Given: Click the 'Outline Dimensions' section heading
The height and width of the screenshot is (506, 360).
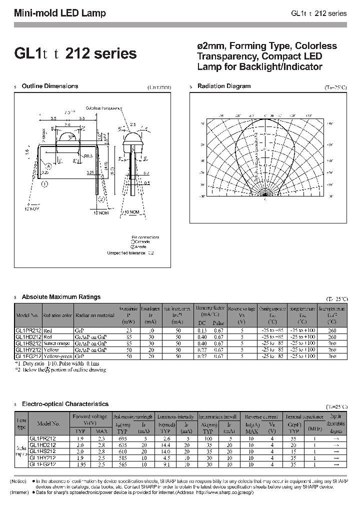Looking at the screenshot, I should coord(50,86).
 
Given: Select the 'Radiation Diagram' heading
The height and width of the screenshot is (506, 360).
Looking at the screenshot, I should coord(224,86).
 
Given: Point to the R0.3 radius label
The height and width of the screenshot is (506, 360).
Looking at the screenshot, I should coord(89,156).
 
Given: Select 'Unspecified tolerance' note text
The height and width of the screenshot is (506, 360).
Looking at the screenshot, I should coord(127,253).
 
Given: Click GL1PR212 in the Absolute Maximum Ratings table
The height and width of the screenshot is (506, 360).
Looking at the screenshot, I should coord(28,331).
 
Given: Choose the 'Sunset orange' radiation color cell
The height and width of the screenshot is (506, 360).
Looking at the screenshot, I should coord(58,344).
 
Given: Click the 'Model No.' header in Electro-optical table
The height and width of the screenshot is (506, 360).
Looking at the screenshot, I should coord(48,423).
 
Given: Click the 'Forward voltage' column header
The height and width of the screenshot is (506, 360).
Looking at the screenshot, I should coord(90,416).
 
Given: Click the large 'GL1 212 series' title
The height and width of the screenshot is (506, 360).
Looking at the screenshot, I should coord(75,54).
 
